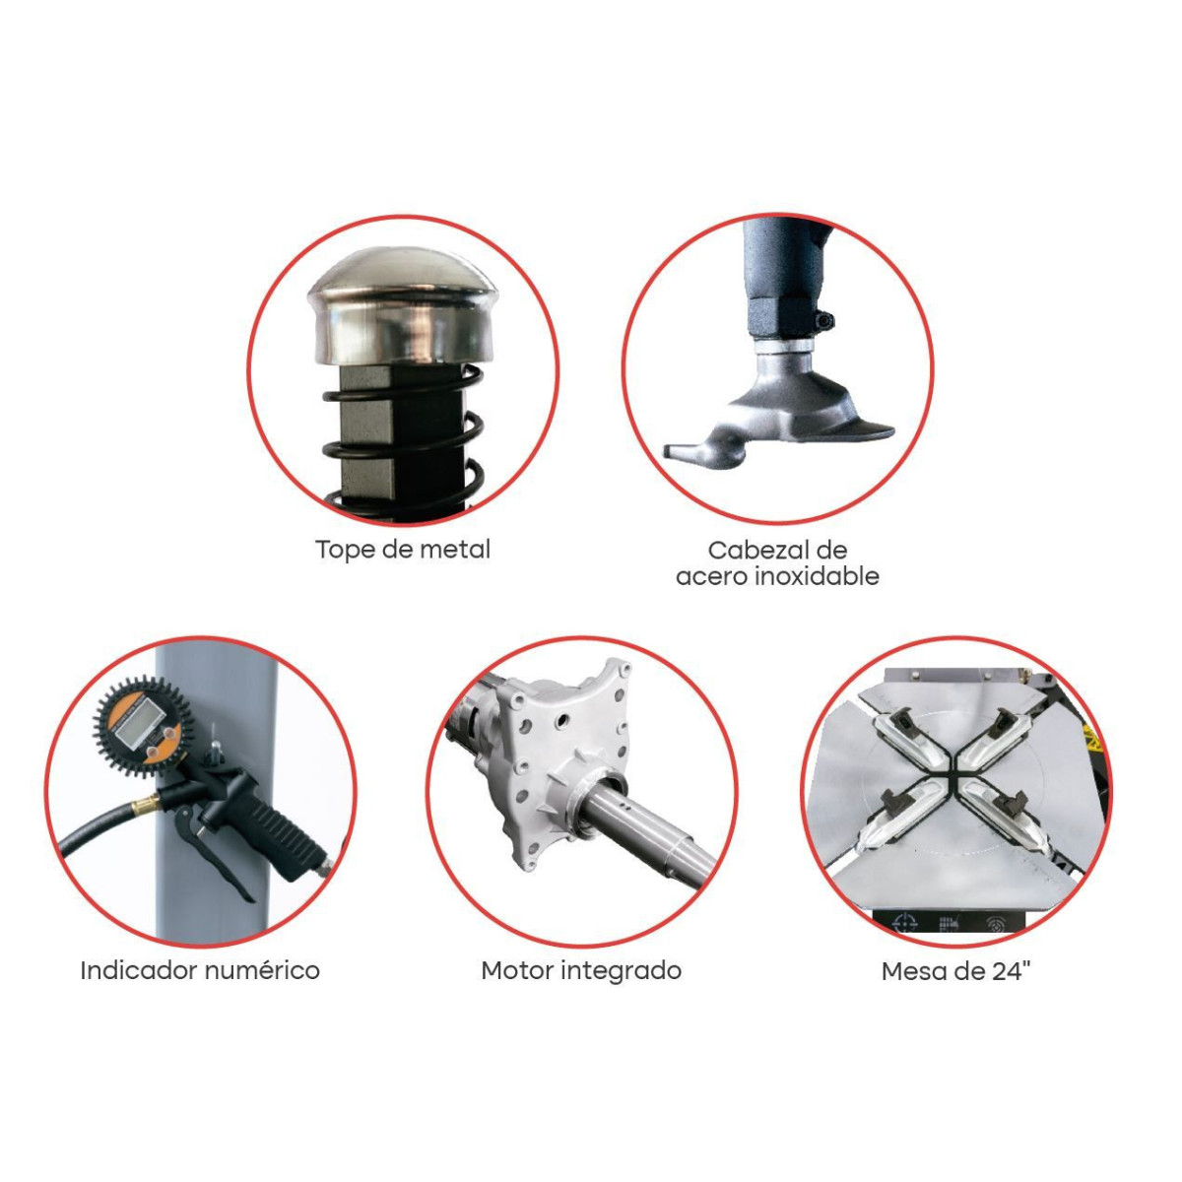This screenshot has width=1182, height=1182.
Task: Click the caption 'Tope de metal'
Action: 403,549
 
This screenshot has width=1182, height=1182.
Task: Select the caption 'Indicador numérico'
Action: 200,971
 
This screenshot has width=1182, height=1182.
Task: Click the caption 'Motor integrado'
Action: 581,971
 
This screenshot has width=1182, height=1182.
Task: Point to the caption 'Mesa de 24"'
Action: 955,971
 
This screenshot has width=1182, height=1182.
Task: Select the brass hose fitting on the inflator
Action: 146,803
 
